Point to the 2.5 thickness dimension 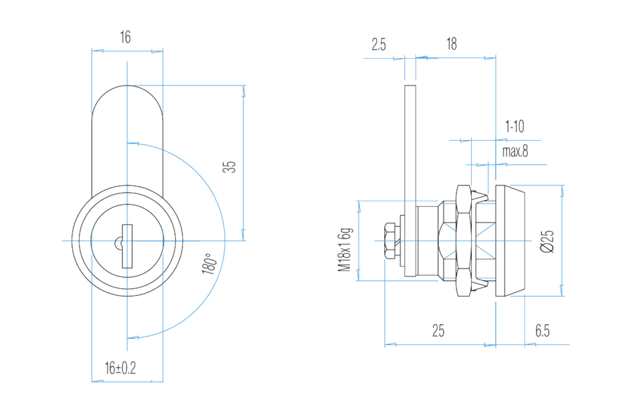[x=379, y=44]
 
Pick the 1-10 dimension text [x=515, y=126]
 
